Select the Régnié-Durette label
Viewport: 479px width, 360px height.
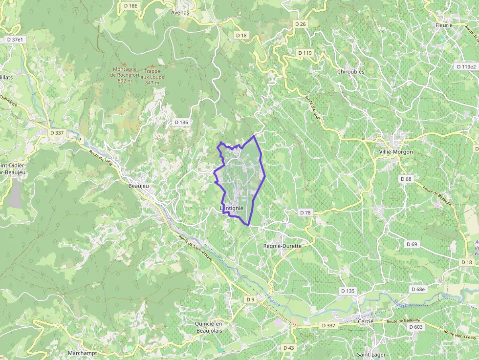[282, 246]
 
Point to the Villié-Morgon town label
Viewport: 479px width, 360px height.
[396, 151]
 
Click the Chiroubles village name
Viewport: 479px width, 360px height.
[350, 71]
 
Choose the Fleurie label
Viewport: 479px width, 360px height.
[444, 25]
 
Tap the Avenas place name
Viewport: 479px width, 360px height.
[180, 12]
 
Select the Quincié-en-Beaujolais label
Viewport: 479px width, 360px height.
[216, 327]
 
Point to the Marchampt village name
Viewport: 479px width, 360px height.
[82, 353]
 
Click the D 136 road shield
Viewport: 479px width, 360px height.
[181, 122]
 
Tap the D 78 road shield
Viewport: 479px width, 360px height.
[305, 212]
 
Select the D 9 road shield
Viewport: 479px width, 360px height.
[250, 299]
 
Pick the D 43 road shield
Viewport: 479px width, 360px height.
[288, 347]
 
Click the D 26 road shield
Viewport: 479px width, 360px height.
[300, 24]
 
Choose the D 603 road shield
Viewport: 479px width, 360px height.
[415, 327]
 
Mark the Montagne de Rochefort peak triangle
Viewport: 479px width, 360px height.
[124, 64]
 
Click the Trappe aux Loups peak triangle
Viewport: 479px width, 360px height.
[152, 66]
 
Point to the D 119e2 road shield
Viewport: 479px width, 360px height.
[465, 66]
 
